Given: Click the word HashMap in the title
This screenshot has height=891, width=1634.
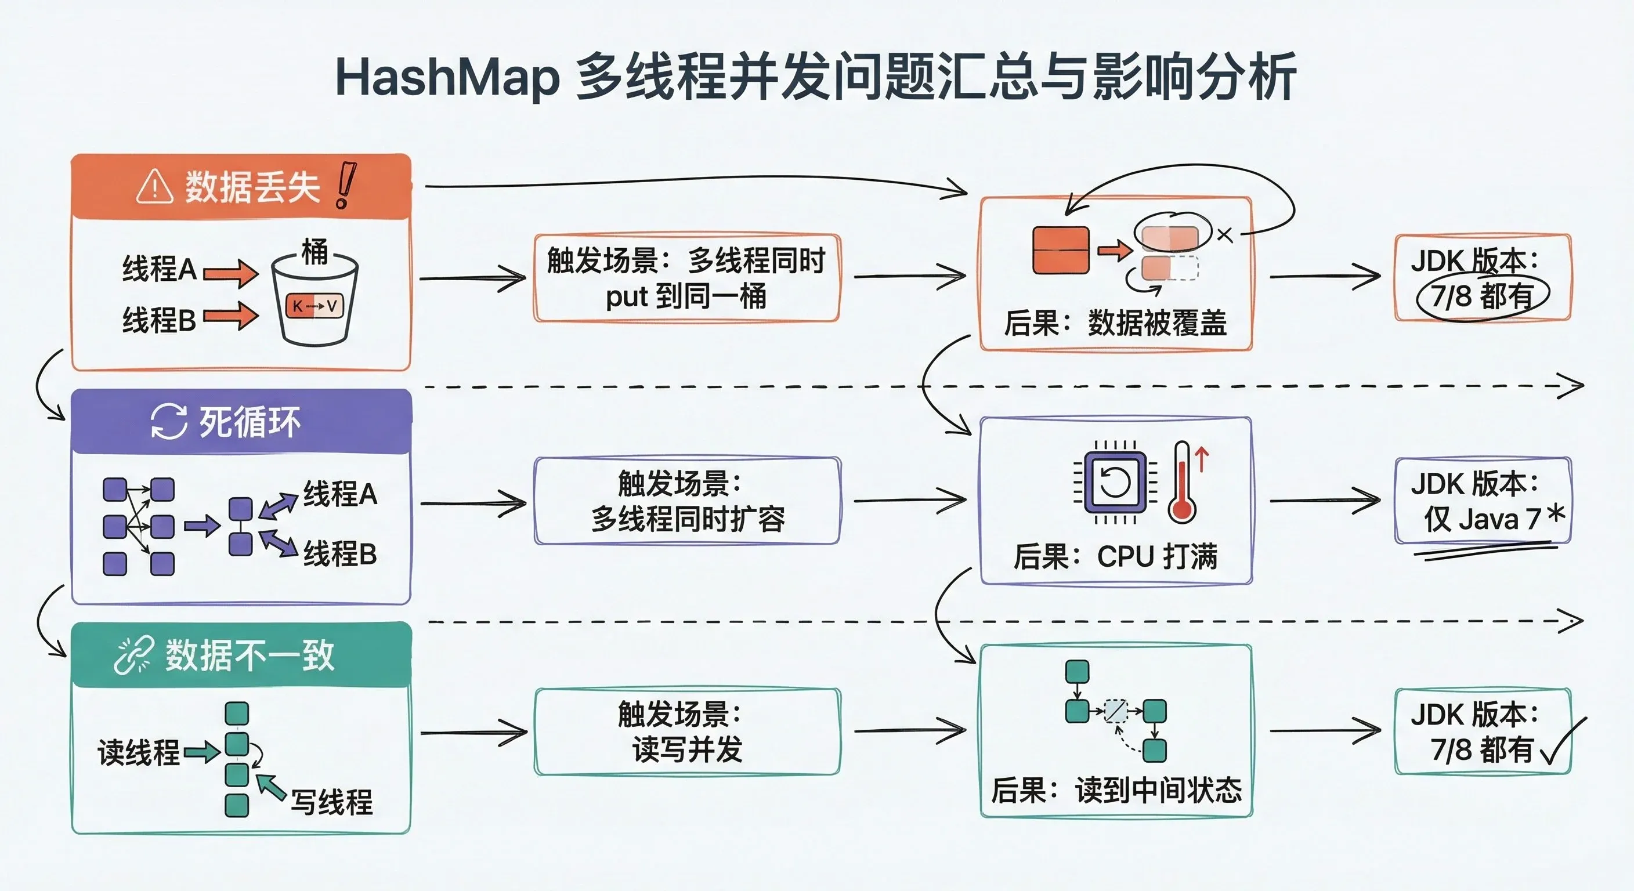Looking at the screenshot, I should point(447,77).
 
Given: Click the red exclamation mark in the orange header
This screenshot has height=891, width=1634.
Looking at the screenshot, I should point(345,185).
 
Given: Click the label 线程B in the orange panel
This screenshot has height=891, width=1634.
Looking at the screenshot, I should point(158,320).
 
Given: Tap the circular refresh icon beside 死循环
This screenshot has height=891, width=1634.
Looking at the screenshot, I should point(169,422).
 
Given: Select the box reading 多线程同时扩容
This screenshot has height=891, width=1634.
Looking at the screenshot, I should point(687,501).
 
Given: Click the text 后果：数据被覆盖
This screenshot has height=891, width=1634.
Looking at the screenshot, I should point(1115,323).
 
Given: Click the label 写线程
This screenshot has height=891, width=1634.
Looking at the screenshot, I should point(332,802).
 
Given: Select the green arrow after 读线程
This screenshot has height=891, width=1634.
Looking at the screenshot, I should point(203,753).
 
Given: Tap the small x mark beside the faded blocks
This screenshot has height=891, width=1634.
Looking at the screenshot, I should point(1225,236).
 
